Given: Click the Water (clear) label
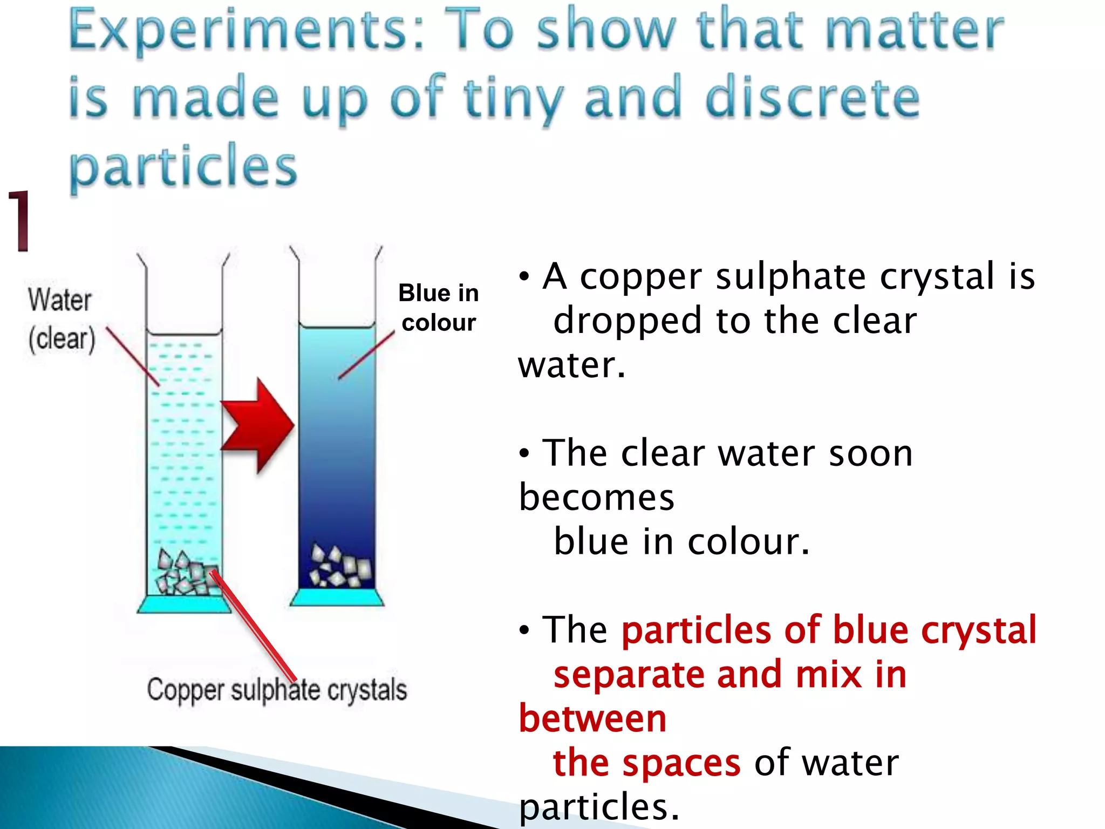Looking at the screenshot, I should coord(61,320).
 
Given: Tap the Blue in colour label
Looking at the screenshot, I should coord(438,308).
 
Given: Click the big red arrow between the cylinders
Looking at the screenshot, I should coord(258,425).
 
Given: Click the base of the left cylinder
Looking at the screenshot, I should coord(184,604).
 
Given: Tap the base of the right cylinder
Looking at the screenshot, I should coord(337,597).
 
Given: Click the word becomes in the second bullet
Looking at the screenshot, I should coord(596,498).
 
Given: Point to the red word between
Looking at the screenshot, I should coord(592,719).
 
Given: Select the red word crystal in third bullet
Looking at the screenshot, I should coord(978,630).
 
